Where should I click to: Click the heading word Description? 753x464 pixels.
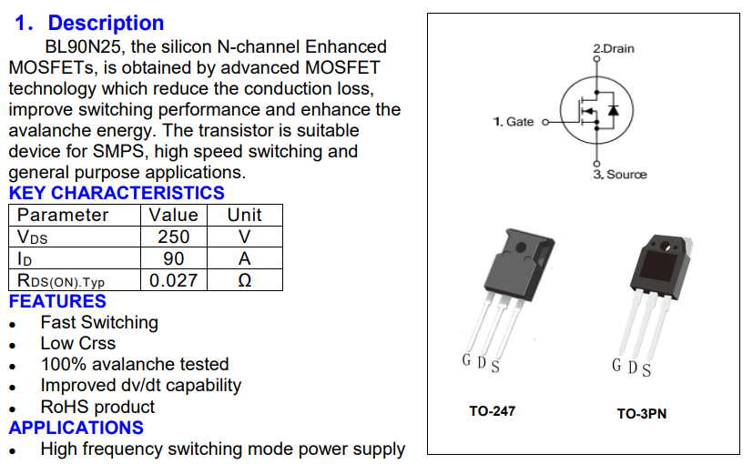[106, 23]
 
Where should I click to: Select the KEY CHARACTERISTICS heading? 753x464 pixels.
[117, 193]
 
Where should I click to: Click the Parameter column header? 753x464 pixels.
[63, 215]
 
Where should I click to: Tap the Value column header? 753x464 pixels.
[173, 215]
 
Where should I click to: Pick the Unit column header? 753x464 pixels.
[244, 215]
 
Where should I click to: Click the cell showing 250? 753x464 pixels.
[173, 237]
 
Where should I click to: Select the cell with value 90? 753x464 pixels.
[173, 258]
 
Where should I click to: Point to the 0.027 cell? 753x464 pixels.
[173, 280]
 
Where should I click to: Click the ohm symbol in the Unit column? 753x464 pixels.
[244, 280]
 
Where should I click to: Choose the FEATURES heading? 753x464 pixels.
[57, 301]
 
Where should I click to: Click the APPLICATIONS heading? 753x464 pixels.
[76, 428]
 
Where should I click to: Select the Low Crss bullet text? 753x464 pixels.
[77, 344]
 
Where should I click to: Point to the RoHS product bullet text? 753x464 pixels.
[97, 407]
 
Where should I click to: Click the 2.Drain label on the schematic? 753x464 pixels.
[613, 48]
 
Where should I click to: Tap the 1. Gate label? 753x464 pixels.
[514, 122]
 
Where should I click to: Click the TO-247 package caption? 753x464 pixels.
[492, 411]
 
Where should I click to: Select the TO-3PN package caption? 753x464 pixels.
[641, 414]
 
